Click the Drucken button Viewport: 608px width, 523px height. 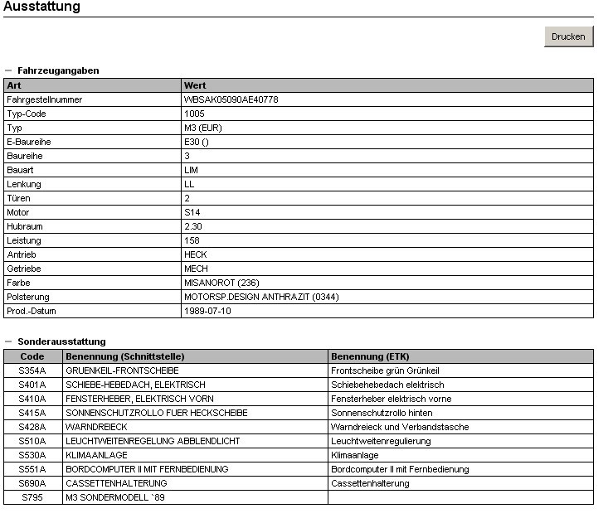tap(568, 36)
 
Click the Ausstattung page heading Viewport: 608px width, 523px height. tap(42, 7)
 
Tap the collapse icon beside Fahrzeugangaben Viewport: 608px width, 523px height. tap(8, 70)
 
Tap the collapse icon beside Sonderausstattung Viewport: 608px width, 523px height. tap(8, 341)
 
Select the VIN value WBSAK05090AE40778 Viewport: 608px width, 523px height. tap(231, 99)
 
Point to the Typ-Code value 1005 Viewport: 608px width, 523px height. tap(194, 114)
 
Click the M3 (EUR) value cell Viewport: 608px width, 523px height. tap(202, 128)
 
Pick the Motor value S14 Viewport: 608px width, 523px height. tap(192, 212)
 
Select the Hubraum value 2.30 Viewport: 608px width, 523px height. tap(192, 226)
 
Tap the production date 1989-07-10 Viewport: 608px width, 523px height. tap(207, 311)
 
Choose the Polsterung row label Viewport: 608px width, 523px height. tap(28, 297)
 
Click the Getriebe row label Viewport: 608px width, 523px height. tap(24, 269)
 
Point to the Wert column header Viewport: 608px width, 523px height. tap(195, 85)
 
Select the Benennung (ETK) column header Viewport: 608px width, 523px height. tap(370, 356)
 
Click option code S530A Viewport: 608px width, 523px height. tap(32, 455)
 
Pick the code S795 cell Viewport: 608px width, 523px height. tap(32, 497)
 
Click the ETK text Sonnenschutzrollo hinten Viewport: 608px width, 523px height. tap(382, 413)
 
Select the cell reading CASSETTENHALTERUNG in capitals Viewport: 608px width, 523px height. tap(116, 483)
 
